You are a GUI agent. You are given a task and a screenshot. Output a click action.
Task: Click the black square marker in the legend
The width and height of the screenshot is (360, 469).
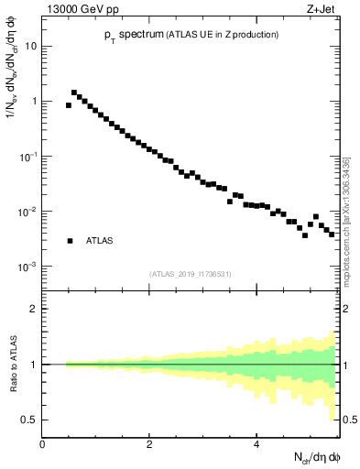[70, 241]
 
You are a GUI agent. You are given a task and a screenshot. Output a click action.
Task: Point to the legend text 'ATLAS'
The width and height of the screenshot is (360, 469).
[100, 241]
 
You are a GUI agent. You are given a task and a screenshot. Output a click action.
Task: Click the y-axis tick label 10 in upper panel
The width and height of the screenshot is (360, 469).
[30, 46]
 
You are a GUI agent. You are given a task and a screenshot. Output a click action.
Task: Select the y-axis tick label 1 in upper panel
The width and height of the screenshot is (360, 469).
[34, 102]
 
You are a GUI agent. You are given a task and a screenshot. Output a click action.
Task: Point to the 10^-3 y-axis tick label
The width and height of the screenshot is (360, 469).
[27, 266]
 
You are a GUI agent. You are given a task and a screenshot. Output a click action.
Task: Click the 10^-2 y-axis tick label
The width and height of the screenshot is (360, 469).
[27, 211]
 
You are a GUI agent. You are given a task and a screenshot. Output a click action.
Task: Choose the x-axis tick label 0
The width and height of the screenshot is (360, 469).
[43, 444]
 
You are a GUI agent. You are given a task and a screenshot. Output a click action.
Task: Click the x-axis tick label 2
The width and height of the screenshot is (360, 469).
[149, 444]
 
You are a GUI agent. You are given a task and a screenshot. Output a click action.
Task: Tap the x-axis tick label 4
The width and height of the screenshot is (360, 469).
[257, 444]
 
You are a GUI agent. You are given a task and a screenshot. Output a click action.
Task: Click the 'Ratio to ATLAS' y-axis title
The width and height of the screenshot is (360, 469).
[12, 364]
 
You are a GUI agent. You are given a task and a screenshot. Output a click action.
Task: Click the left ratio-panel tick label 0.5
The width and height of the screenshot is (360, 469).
[30, 420]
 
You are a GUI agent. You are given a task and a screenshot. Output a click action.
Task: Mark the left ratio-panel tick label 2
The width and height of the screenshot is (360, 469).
[34, 309]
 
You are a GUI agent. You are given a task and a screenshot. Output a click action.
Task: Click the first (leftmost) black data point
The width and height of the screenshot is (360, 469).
[69, 105]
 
